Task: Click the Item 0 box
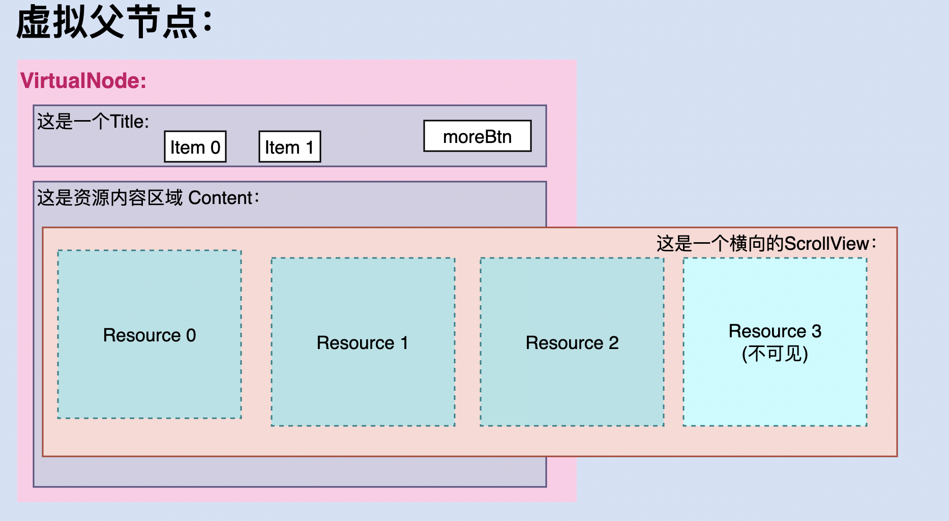195,147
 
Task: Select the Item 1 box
289,147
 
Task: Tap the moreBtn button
477,136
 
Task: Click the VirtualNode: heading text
83,81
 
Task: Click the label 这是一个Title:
93,122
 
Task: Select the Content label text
148,197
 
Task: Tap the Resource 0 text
149,335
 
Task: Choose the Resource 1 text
362,343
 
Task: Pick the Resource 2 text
572,343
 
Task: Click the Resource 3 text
775,331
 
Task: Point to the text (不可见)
775,354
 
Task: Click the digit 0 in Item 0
215,148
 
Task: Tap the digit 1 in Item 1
309,148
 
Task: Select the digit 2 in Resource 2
614,343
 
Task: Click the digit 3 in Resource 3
816,331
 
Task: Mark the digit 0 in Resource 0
191,335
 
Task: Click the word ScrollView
826,243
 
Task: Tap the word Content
220,197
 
